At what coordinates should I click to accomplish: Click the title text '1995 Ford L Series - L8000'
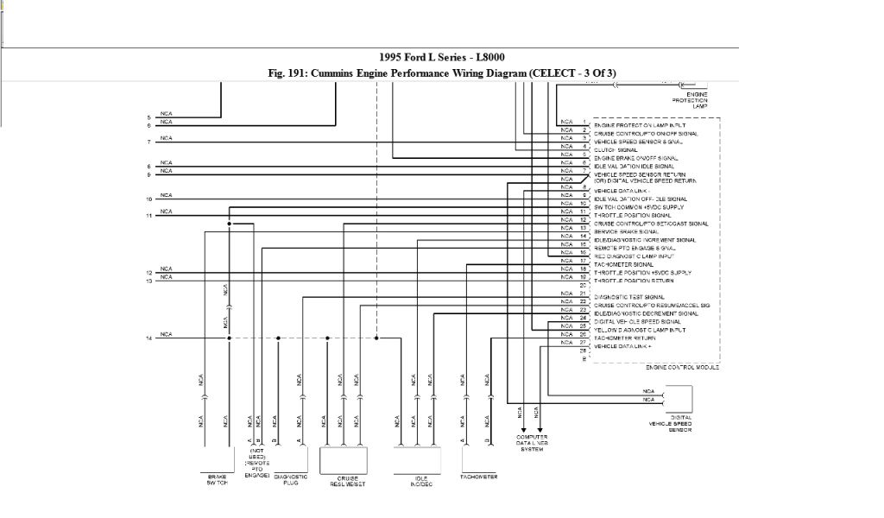(x=441, y=58)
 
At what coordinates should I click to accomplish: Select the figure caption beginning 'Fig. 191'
(x=441, y=73)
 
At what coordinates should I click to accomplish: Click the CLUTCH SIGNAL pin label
(x=616, y=150)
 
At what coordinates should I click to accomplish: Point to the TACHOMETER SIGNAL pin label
(x=623, y=264)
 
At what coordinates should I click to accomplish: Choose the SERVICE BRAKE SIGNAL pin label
(x=626, y=231)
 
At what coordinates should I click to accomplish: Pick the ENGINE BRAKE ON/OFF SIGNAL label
(x=635, y=158)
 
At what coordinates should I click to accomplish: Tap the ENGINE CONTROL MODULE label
(x=682, y=367)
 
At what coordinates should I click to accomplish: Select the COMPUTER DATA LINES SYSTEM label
(x=532, y=443)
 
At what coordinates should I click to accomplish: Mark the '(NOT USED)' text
(x=256, y=455)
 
